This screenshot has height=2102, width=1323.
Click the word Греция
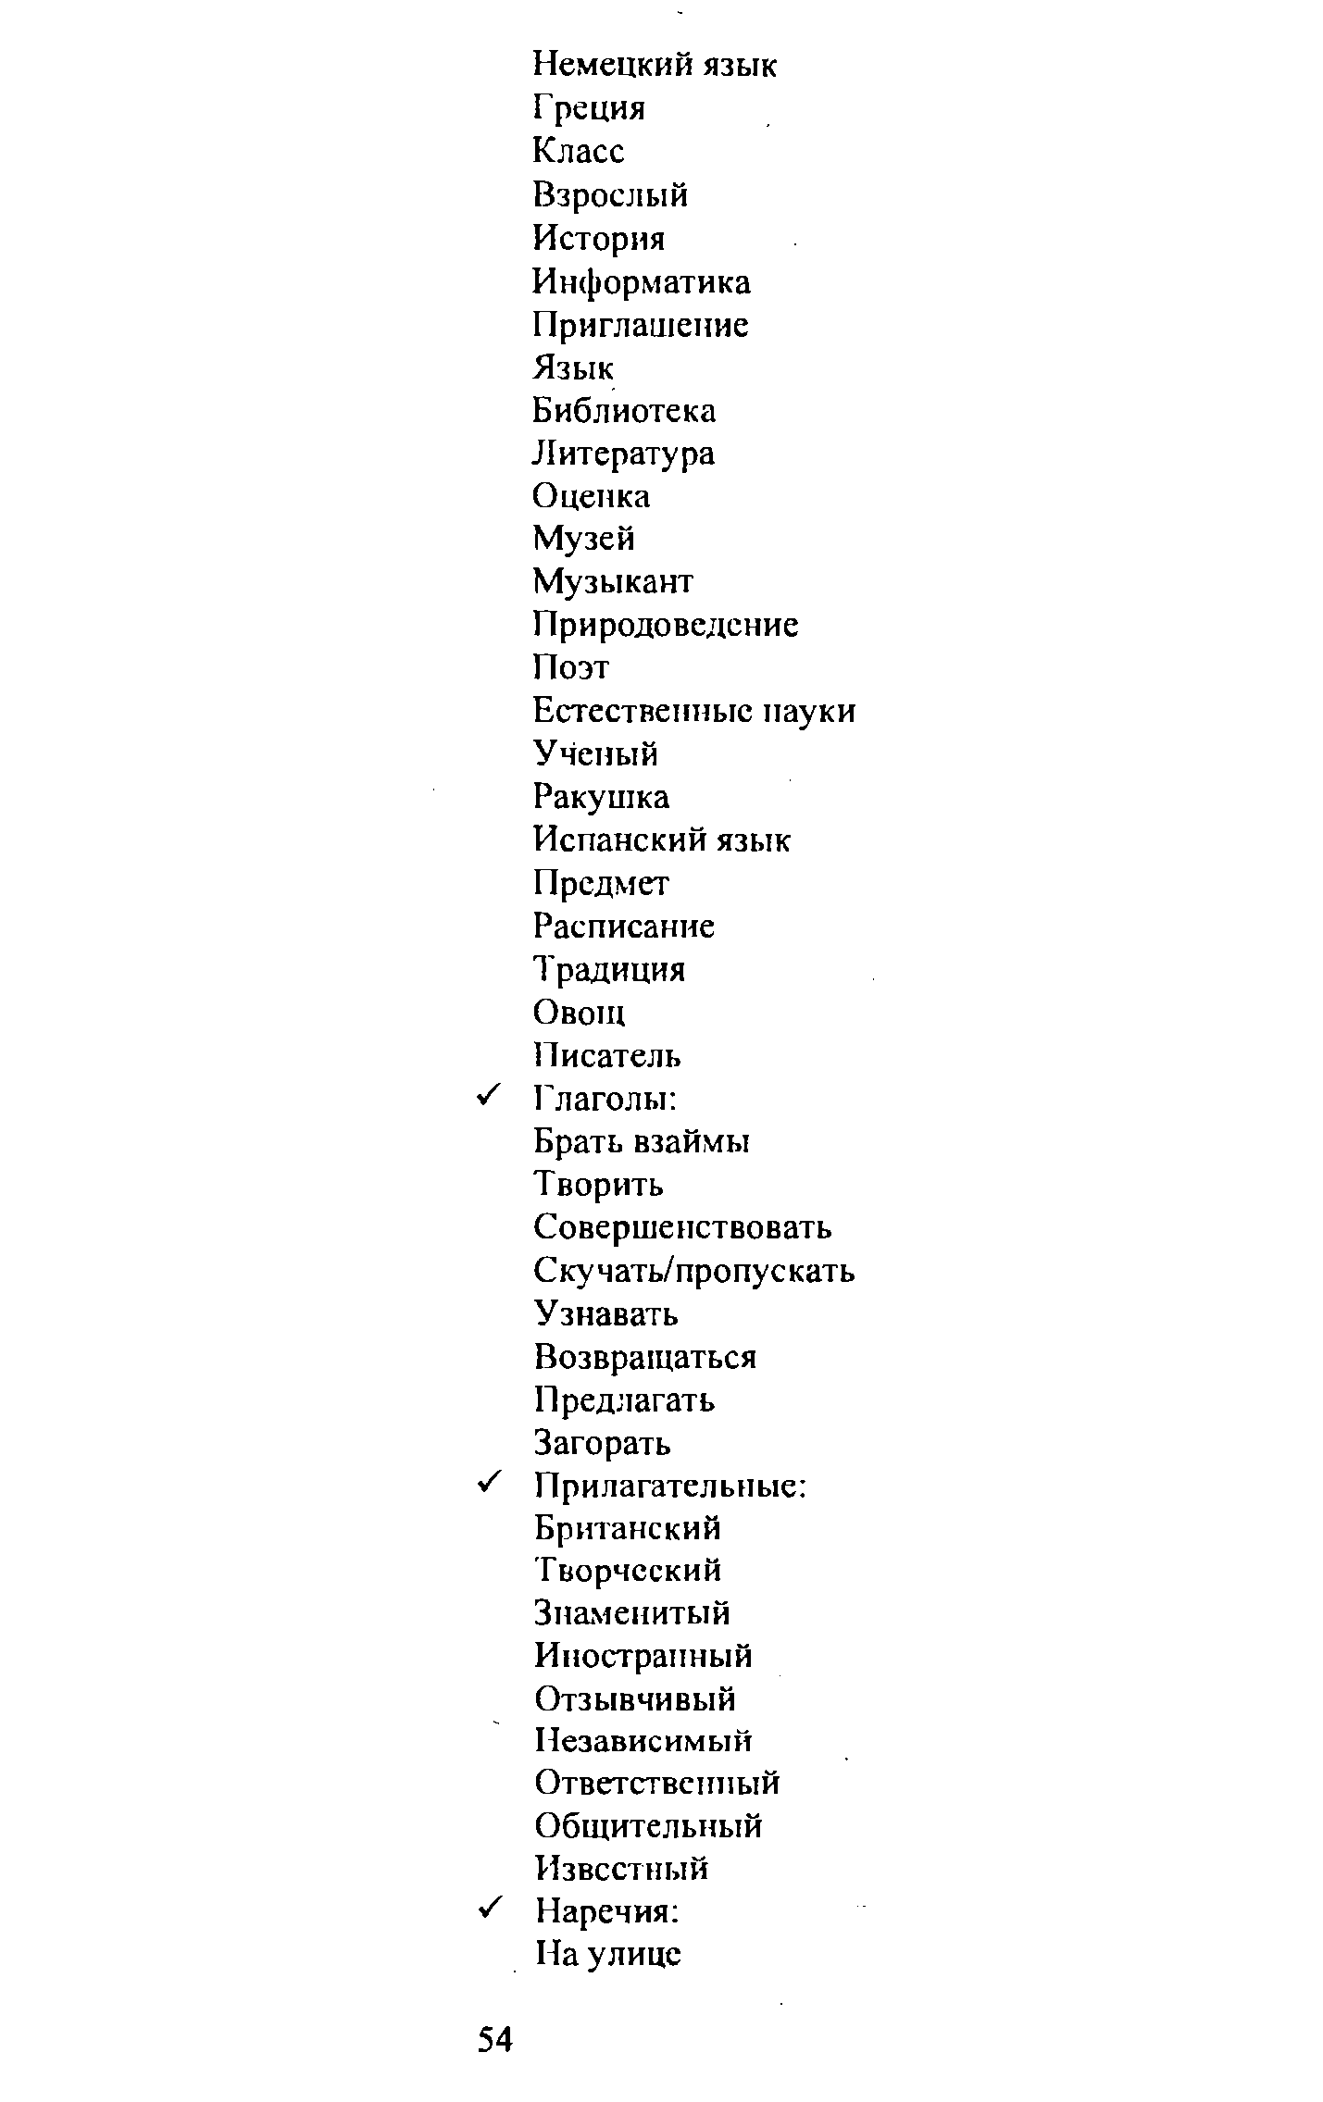589,109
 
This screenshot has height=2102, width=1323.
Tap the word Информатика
642,281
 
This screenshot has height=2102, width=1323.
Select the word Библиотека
624,410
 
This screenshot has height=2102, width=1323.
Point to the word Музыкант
613,581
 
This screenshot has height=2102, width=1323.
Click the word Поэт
571,667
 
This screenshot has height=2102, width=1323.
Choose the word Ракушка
601,796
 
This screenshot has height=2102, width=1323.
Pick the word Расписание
624,926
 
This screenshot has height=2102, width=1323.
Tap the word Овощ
580,1013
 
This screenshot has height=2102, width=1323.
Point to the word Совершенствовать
683,1227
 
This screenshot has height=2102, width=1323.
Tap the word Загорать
603,1443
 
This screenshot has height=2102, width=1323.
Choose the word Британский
628,1528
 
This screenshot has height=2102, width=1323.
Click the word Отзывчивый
635,1699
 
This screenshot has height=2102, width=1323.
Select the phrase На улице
608,1953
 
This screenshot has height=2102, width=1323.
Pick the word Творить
599,1185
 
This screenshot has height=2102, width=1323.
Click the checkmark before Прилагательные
490,1484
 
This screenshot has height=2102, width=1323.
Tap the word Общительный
649,1826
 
